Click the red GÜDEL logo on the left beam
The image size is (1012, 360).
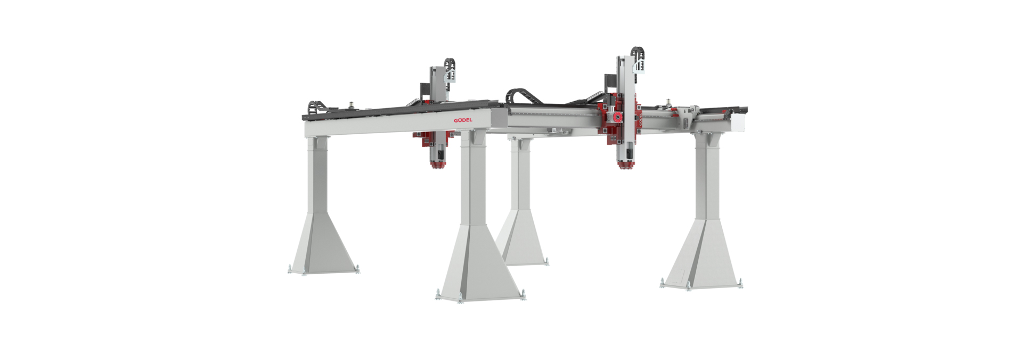[463, 120]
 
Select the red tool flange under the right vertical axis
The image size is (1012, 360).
[625, 166]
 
